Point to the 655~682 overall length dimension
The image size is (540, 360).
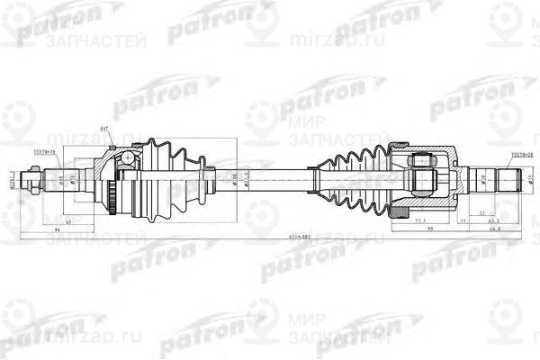pos(271,237)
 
